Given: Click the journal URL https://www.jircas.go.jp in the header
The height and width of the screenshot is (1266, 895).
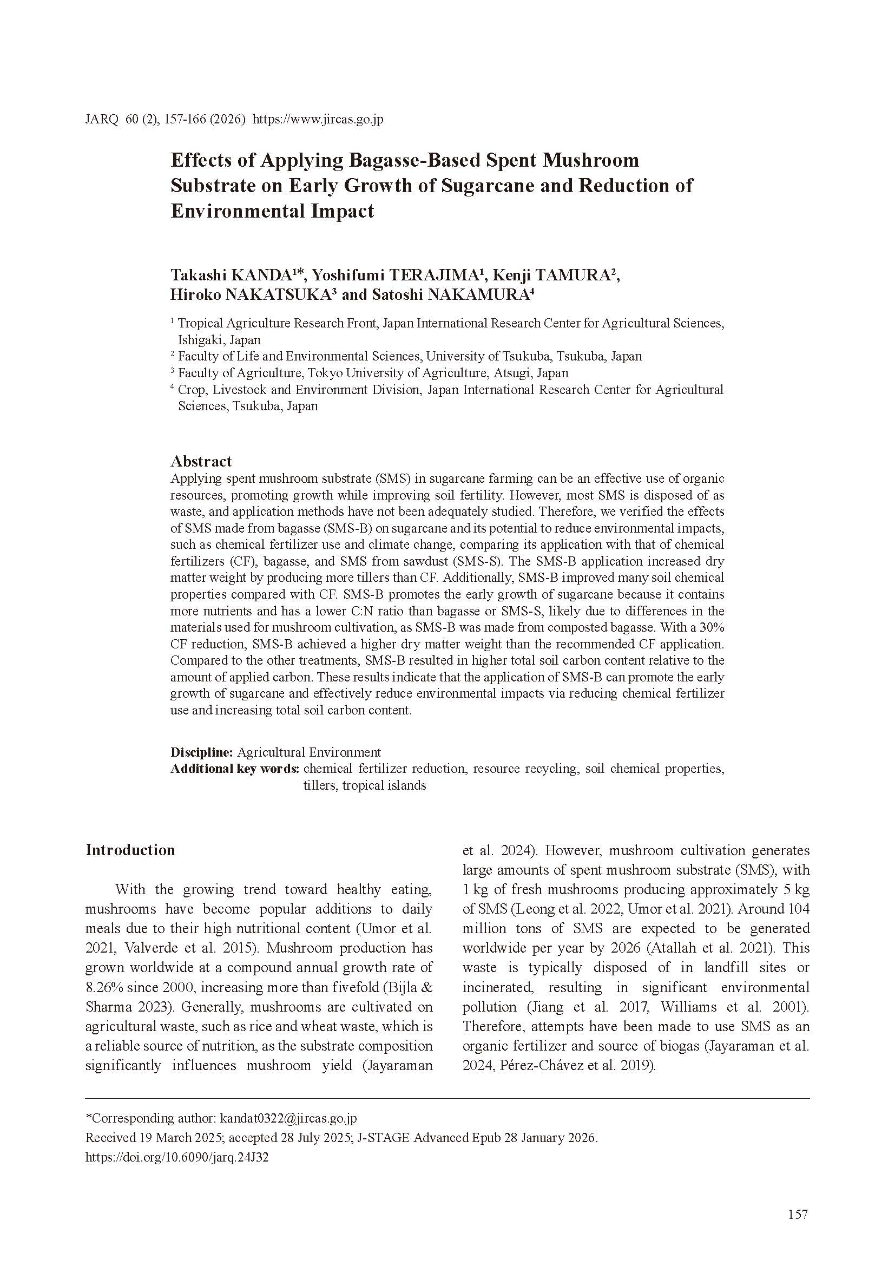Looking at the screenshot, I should click(x=319, y=120).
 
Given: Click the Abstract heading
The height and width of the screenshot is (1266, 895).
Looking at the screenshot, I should click(x=201, y=461).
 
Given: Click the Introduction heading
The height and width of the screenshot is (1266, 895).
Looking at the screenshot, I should click(x=130, y=850).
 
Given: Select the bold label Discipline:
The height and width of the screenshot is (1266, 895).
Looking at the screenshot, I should click(x=202, y=752).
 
